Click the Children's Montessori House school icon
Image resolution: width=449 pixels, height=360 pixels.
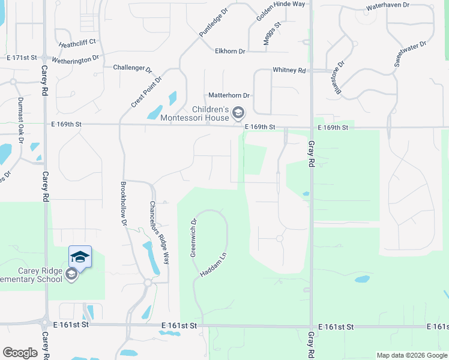click(x=238, y=112)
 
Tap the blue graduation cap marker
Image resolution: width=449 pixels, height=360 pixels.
click(x=80, y=257)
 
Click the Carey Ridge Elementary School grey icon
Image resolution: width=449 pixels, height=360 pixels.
click(x=71, y=275)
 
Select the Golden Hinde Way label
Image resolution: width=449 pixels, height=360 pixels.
click(x=281, y=12)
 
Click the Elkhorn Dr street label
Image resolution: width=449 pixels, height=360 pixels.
click(x=230, y=52)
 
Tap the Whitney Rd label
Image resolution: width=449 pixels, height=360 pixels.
click(x=289, y=70)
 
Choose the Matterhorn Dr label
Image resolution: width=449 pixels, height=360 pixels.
click(x=229, y=95)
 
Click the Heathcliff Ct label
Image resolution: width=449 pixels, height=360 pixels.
click(x=78, y=44)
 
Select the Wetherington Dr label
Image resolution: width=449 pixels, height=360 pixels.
click(x=76, y=59)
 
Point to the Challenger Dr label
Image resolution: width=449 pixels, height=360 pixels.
click(x=133, y=68)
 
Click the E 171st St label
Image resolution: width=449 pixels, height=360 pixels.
click(x=22, y=58)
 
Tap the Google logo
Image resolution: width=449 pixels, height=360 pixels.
click(x=20, y=353)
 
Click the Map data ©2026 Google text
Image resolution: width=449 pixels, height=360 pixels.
click(x=411, y=355)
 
